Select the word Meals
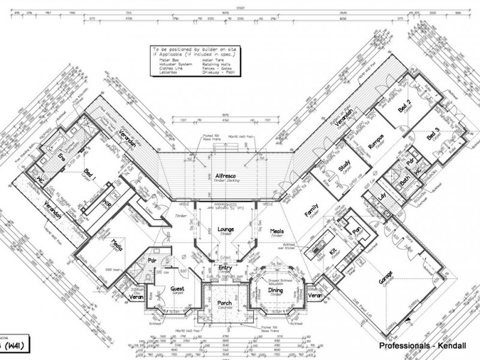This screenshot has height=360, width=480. point(277,230)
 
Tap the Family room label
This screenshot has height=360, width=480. point(311,210)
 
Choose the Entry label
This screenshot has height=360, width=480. point(225,268)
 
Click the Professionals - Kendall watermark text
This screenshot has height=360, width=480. point(422,346)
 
